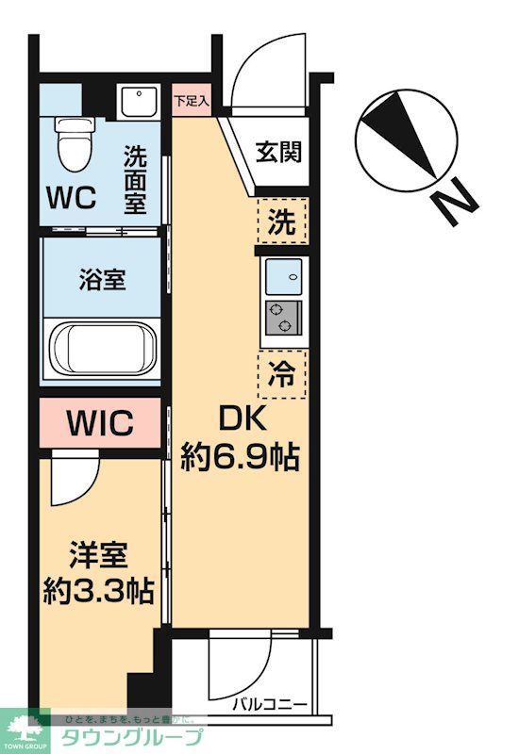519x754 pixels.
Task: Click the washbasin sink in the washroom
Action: pyautogui.click(x=138, y=100)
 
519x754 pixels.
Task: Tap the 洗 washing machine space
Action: pyautogui.click(x=282, y=224)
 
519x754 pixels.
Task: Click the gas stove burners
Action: pyautogui.click(x=281, y=319)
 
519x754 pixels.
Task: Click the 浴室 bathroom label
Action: pyautogui.click(x=101, y=280)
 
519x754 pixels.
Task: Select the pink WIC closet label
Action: pyautogui.click(x=99, y=422)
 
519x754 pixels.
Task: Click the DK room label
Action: pyautogui.click(x=240, y=419)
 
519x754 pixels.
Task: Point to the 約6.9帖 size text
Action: pyautogui.click(x=240, y=457)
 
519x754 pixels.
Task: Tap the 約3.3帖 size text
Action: pyautogui.click(x=98, y=591)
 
